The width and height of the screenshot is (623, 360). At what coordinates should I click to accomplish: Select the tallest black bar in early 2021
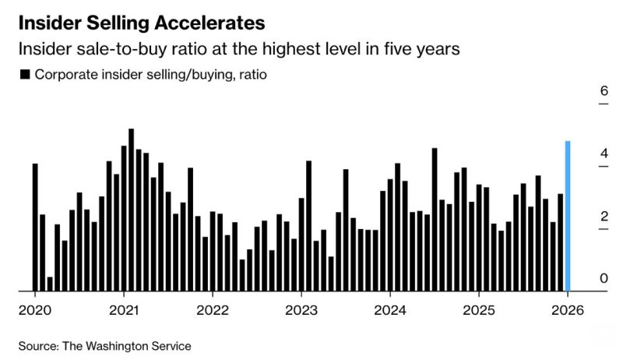[131, 210]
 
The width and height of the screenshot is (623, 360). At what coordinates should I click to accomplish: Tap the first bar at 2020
[35, 227]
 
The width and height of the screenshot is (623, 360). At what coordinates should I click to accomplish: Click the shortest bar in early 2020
[50, 284]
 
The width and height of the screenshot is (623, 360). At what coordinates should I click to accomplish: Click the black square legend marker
[24, 75]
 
